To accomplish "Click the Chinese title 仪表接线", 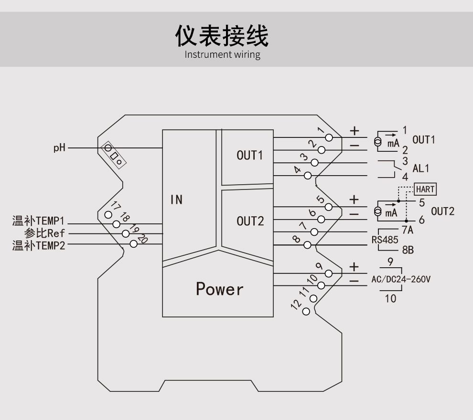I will [222, 35].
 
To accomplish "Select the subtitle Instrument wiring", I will [222, 54].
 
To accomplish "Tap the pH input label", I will [59, 148].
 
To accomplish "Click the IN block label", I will [177, 199].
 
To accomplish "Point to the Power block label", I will [219, 289].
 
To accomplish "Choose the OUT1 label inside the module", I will [250, 156].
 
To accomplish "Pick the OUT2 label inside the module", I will [250, 221].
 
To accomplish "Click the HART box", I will [425, 189].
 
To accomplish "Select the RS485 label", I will [385, 240].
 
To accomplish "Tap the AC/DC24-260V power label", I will [401, 279].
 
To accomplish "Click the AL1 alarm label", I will [421, 168].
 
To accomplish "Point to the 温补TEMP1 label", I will [38, 221].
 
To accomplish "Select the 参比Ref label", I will [44, 233].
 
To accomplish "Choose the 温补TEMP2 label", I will [38, 245].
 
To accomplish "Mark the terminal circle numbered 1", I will [328, 137].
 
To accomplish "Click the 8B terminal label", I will [407, 250].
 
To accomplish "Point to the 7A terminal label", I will [407, 231].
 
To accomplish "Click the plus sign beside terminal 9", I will [354, 266].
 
